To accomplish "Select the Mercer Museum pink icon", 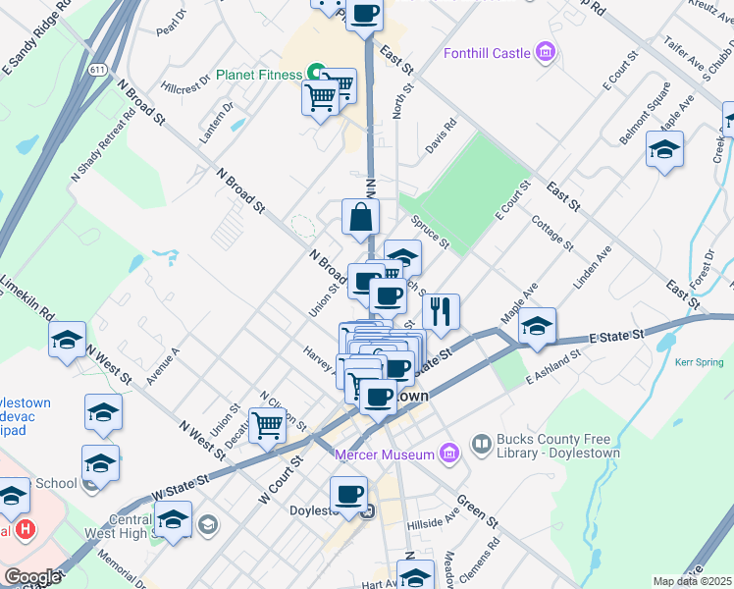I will [x=449, y=454].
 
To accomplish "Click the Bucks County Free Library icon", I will [x=481, y=445].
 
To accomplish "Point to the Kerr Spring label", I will [x=699, y=361].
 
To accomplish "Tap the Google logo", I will [x=32, y=577].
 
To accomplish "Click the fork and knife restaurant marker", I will [x=441, y=311].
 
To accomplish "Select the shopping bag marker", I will [x=360, y=217].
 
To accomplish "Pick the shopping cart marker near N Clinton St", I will [x=267, y=425].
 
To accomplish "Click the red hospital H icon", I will [x=26, y=530].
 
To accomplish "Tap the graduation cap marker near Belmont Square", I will [x=664, y=149].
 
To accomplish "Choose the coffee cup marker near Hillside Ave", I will [x=348, y=494].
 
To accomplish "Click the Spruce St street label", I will [x=430, y=232].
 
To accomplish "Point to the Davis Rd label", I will [x=441, y=136].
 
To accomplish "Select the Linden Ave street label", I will [x=593, y=266].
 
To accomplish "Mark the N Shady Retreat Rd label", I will [x=102, y=144].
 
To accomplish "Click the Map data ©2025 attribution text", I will [x=692, y=581].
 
